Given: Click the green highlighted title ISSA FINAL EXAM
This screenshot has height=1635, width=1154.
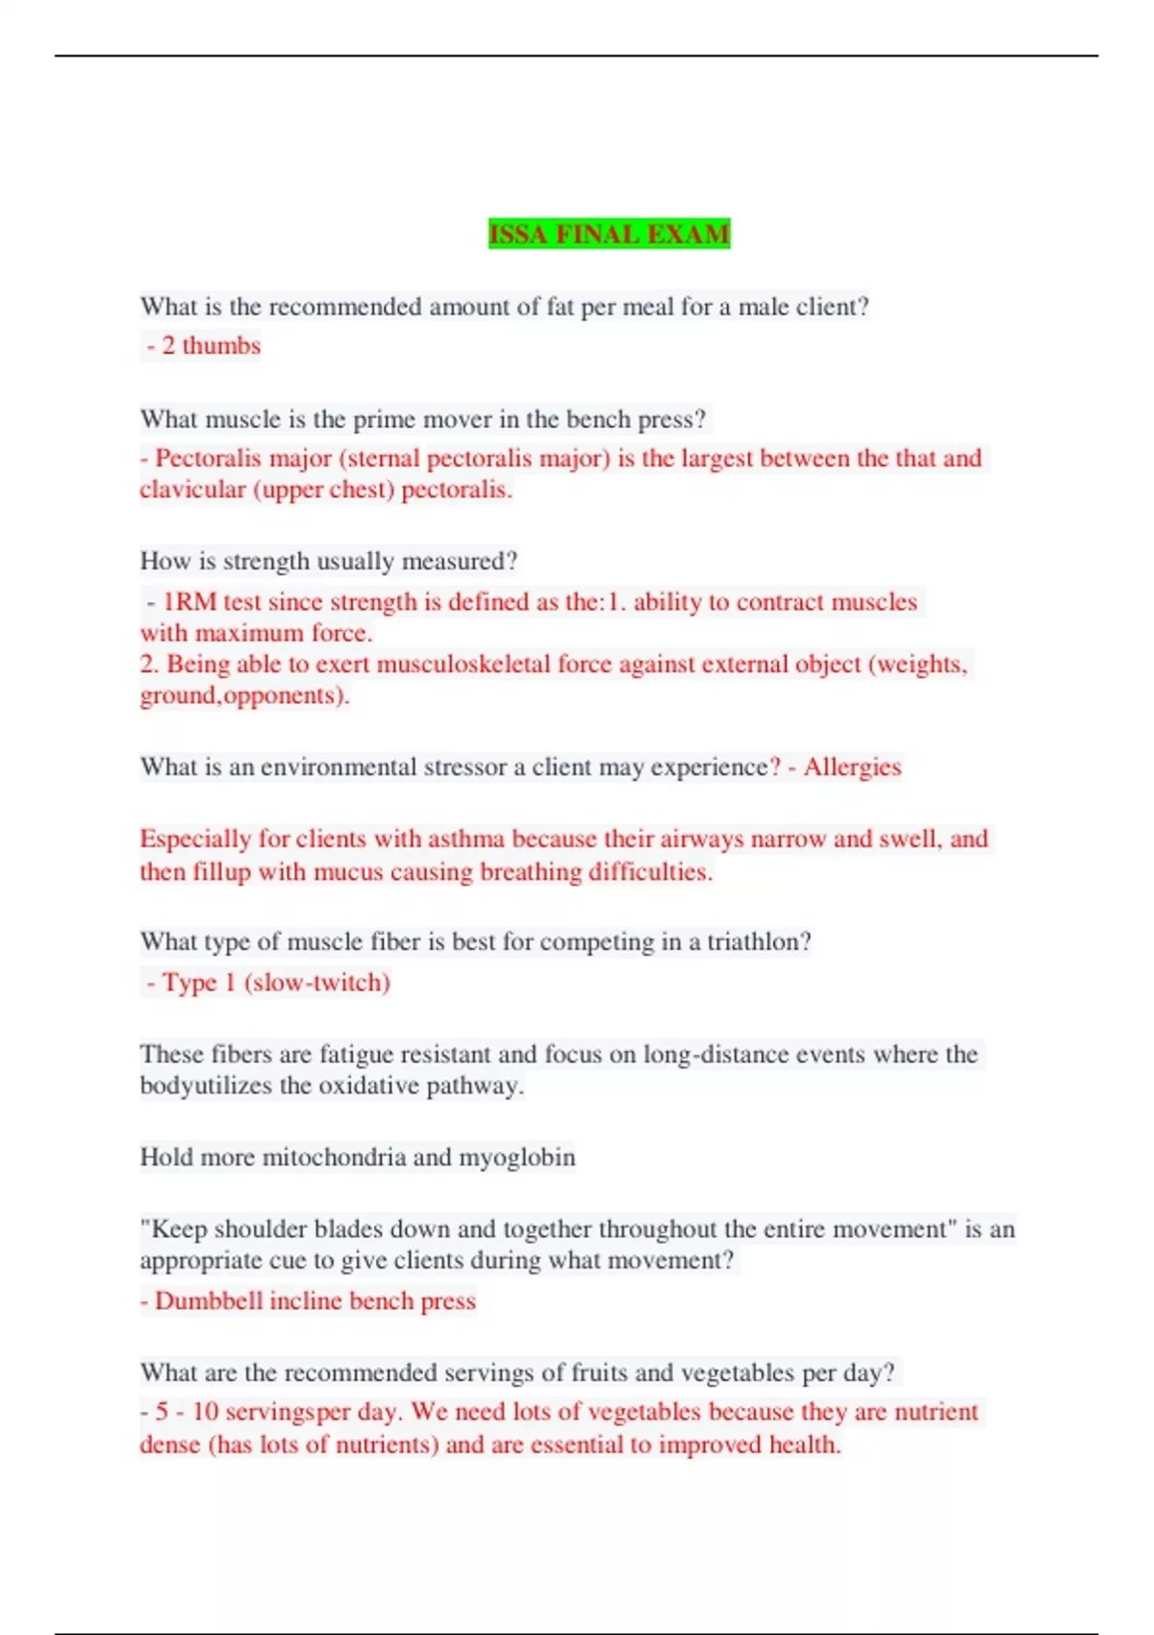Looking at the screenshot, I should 609,234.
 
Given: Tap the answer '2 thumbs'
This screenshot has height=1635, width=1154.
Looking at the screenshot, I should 210,345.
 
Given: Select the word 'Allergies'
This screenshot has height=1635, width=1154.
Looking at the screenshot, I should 852,767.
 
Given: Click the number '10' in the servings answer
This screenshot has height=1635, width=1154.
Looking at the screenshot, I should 205,1412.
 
